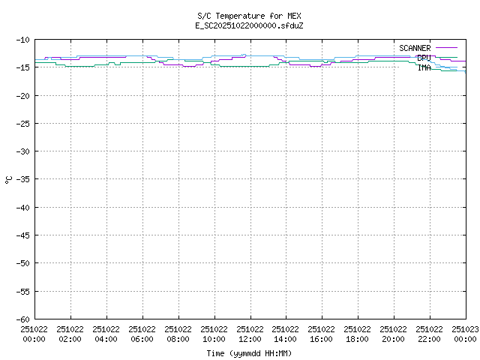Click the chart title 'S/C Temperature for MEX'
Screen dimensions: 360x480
coord(250,15)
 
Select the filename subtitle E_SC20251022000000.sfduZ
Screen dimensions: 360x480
coord(250,25)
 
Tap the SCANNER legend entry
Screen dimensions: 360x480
coord(415,48)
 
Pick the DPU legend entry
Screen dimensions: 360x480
coord(424,58)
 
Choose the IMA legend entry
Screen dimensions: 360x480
coord(424,67)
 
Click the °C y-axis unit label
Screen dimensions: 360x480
coord(8,179)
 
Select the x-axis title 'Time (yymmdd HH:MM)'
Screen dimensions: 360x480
coord(250,353)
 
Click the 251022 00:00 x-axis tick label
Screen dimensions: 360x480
coord(34,334)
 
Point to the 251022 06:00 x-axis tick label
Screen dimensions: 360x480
coord(142,334)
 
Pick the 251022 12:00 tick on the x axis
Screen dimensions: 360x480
coord(250,334)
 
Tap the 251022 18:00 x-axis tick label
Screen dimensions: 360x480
coord(358,334)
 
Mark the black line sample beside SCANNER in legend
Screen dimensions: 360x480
coord(446,48)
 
